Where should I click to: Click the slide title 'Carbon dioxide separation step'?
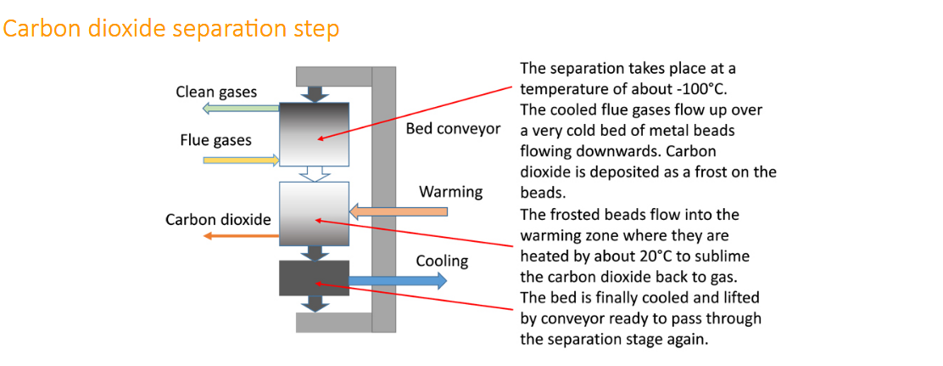(x=170, y=28)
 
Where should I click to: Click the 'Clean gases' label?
(x=215, y=92)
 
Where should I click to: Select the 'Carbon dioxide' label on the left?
(x=218, y=219)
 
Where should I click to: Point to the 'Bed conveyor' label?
(x=453, y=129)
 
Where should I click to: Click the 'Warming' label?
(x=450, y=191)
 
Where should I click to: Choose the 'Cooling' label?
(x=442, y=260)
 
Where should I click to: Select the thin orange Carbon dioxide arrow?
(x=241, y=237)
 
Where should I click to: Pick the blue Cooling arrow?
(x=397, y=280)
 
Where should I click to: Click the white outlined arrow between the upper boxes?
(x=314, y=173)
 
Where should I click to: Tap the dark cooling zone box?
(x=314, y=278)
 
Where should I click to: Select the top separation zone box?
(x=314, y=133)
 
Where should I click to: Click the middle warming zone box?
(x=314, y=213)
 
